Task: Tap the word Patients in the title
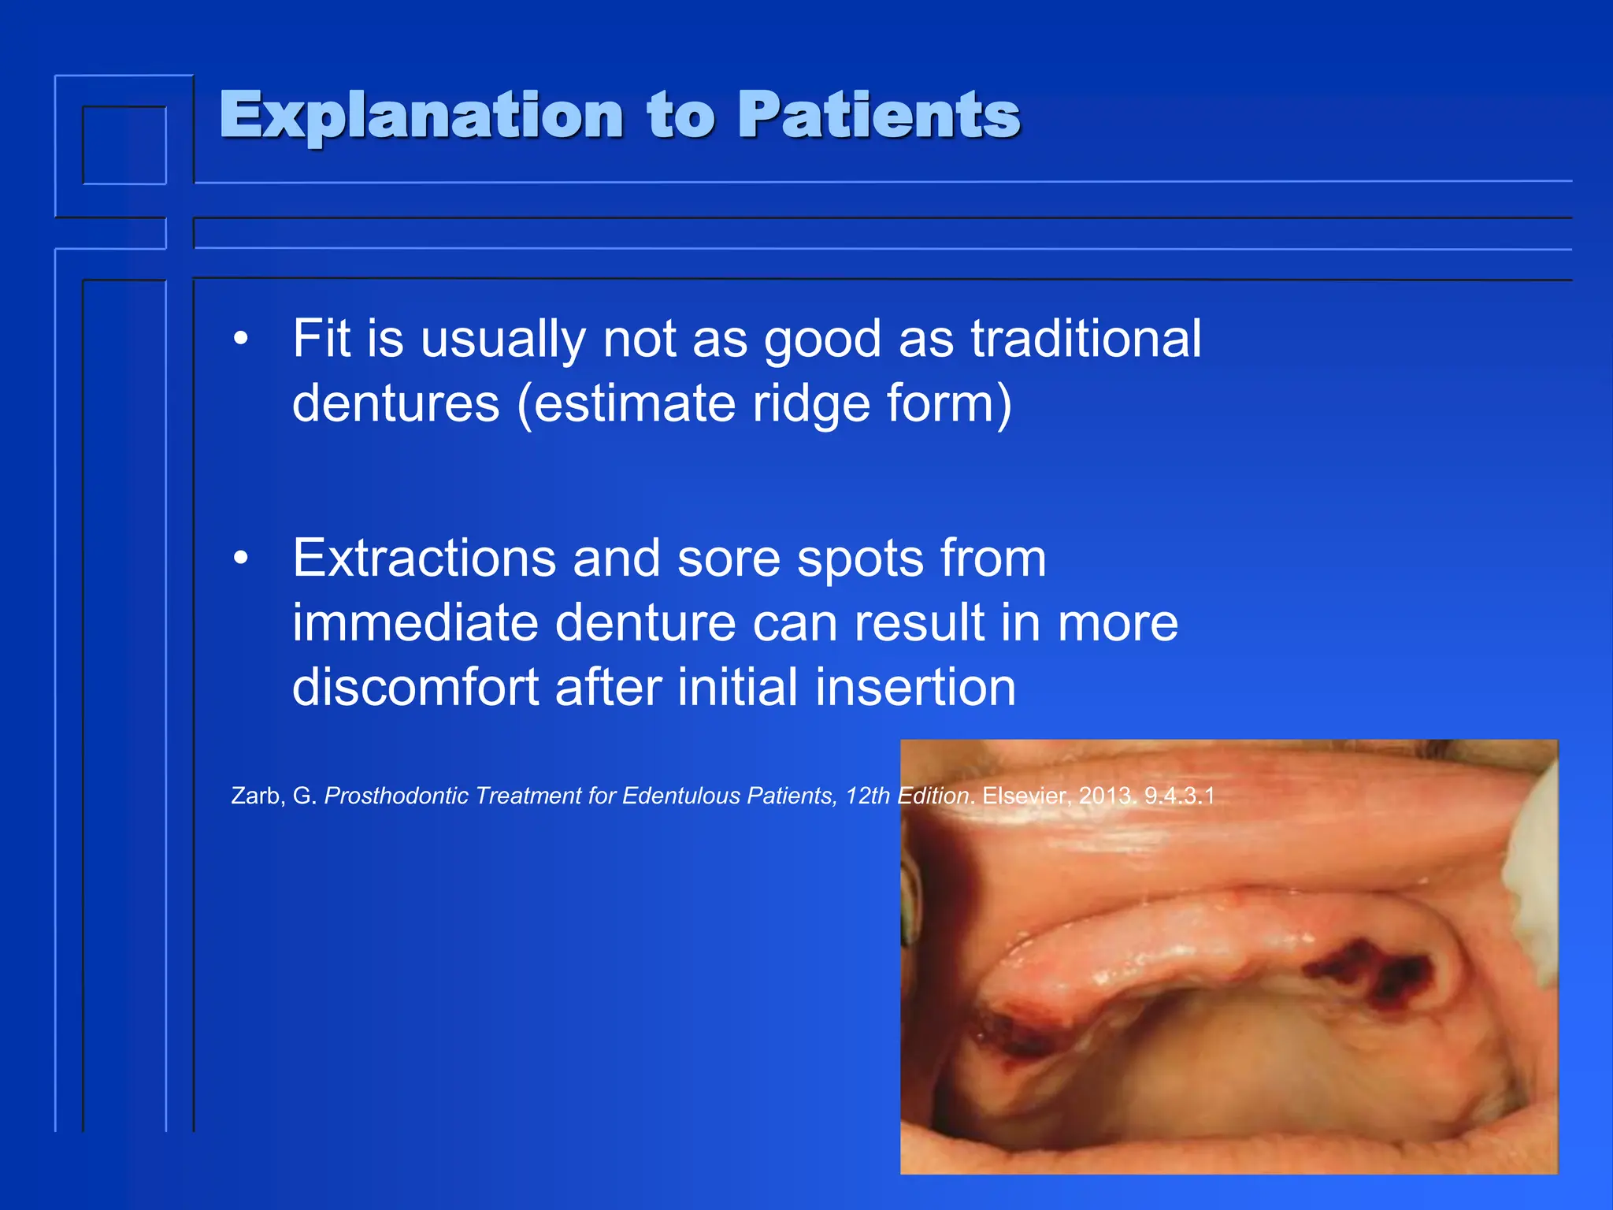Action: (878, 117)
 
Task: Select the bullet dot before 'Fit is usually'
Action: (241, 340)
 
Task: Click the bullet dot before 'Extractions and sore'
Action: (241, 559)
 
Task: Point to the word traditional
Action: (1085, 340)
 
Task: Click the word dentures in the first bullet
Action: (395, 403)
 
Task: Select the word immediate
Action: (415, 623)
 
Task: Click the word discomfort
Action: (415, 687)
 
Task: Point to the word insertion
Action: (915, 687)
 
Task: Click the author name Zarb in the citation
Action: (256, 796)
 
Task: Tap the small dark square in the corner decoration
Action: (124, 146)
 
